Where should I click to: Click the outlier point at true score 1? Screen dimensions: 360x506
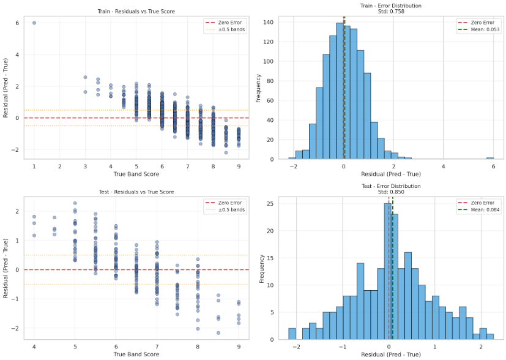click(34, 23)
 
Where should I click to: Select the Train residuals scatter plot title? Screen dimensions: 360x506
click(136, 12)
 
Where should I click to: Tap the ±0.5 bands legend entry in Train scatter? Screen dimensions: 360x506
click(232, 29)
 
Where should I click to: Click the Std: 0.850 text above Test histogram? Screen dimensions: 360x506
click(390, 191)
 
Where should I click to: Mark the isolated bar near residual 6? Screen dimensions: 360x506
click(490, 158)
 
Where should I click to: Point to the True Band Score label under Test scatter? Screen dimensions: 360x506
click(136, 354)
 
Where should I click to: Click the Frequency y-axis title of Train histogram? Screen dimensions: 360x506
click(259, 88)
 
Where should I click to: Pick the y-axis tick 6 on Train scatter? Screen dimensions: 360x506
click(17, 23)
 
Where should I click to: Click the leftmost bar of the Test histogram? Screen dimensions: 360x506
click(292, 334)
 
